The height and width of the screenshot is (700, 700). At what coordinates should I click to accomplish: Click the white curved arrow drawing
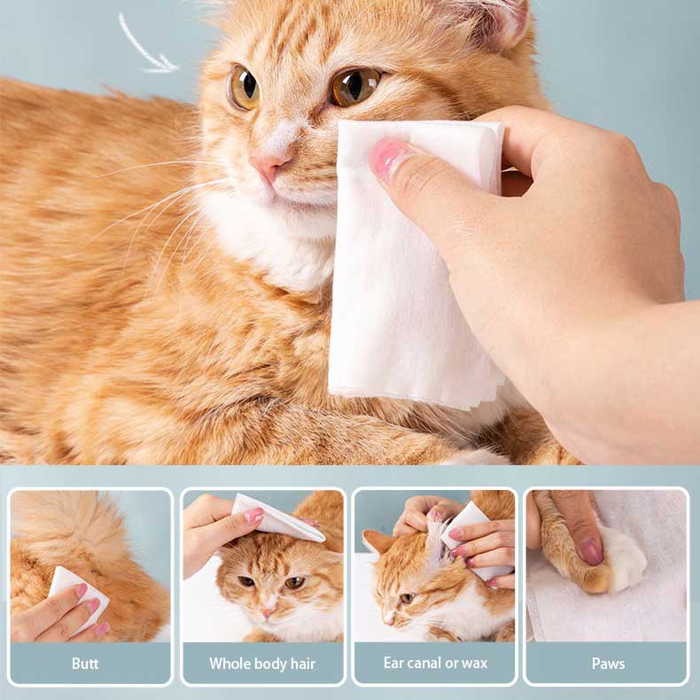point(145,46)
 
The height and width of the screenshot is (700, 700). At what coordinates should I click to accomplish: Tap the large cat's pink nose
point(271,165)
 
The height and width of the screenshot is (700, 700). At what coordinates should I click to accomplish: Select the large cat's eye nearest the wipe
point(355,86)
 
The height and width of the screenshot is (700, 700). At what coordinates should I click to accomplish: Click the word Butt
point(85,663)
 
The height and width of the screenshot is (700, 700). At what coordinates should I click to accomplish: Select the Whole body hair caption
point(262,663)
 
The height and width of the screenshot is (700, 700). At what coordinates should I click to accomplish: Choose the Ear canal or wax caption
point(435,663)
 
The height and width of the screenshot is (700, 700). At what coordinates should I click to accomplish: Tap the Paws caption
point(607,663)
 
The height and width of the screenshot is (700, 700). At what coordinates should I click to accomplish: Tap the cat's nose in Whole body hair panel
point(265,612)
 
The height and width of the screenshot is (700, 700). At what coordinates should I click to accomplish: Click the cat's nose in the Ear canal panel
point(388,617)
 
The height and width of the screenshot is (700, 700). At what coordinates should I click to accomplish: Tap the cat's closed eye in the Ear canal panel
point(406,598)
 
